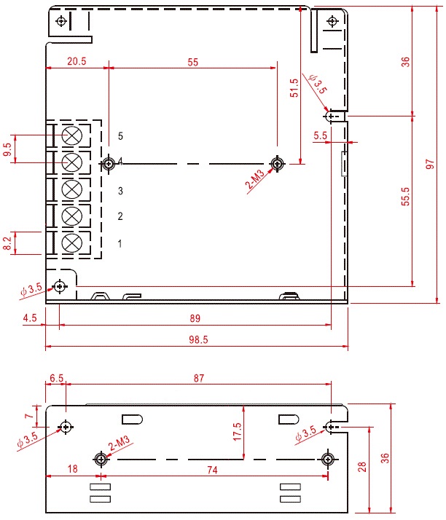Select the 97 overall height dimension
pyautogui.click(x=430, y=165)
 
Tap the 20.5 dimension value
pyautogui.click(x=77, y=62)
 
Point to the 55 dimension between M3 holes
pyautogui.click(x=192, y=62)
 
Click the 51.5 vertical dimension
pyautogui.click(x=294, y=88)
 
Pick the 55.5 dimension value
pyautogui.click(x=406, y=197)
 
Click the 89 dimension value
pyautogui.click(x=195, y=318)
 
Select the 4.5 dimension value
pyautogui.click(x=30, y=318)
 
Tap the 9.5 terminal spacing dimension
pyautogui.click(x=8, y=151)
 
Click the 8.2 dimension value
pyautogui.click(x=8, y=243)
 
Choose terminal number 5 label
pyautogui.click(x=121, y=136)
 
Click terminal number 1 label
pyautogui.click(x=121, y=243)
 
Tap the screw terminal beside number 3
pyautogui.click(x=71, y=189)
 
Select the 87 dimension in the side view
pyautogui.click(x=199, y=378)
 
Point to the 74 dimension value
pyautogui.click(x=212, y=470)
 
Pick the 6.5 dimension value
pyautogui.click(x=56, y=378)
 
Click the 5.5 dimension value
pyautogui.click(x=321, y=135)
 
